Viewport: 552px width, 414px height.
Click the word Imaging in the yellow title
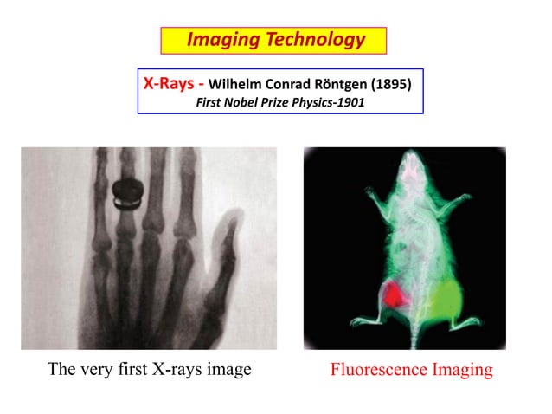[x=221, y=40]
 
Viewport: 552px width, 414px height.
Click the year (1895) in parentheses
[x=391, y=86]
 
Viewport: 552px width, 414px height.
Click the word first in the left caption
[x=125, y=370]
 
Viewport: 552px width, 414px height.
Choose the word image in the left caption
[x=228, y=370]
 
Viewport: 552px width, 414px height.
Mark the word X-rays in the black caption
[x=175, y=370]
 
